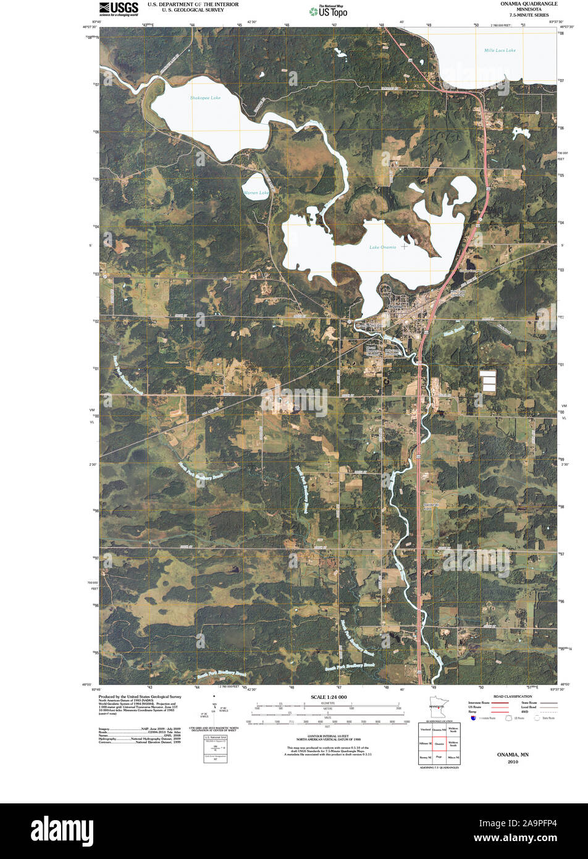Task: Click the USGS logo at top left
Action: (119, 8)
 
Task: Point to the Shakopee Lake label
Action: (205, 98)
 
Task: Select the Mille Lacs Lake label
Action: (500, 50)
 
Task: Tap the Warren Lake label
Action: (256, 193)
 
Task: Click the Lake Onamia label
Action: (383, 247)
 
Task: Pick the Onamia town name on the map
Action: (393, 306)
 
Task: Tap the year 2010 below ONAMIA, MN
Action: (513, 762)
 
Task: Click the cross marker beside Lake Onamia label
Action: (405, 247)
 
